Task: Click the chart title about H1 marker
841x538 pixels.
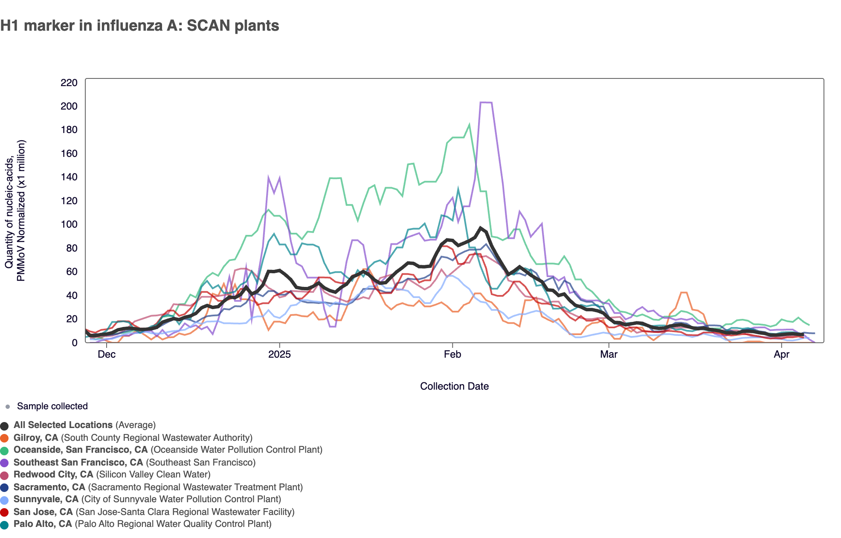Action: pyautogui.click(x=139, y=26)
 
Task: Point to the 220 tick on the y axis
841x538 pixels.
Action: pyautogui.click(x=69, y=83)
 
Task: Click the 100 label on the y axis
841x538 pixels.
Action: pyautogui.click(x=69, y=225)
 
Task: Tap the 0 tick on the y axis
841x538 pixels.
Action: pyautogui.click(x=75, y=343)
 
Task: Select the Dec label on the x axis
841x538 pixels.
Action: pyautogui.click(x=106, y=354)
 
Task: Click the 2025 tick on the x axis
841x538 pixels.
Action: pyautogui.click(x=279, y=354)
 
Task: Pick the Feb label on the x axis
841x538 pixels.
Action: pyautogui.click(x=452, y=354)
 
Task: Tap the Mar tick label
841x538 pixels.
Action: pyautogui.click(x=609, y=354)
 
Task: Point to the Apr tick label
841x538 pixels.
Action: pyautogui.click(x=781, y=354)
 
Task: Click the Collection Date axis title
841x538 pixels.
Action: pyautogui.click(x=454, y=386)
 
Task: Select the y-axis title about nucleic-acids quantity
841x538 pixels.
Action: pyautogui.click(x=15, y=211)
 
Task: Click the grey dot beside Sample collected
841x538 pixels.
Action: pyautogui.click(x=7, y=407)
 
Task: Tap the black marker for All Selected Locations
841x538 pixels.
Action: pyautogui.click(x=5, y=425)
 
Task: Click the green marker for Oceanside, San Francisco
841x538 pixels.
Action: pyautogui.click(x=5, y=450)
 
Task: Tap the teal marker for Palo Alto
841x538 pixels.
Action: pyautogui.click(x=5, y=524)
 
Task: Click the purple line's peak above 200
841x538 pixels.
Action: pyautogui.click(x=486, y=102)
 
